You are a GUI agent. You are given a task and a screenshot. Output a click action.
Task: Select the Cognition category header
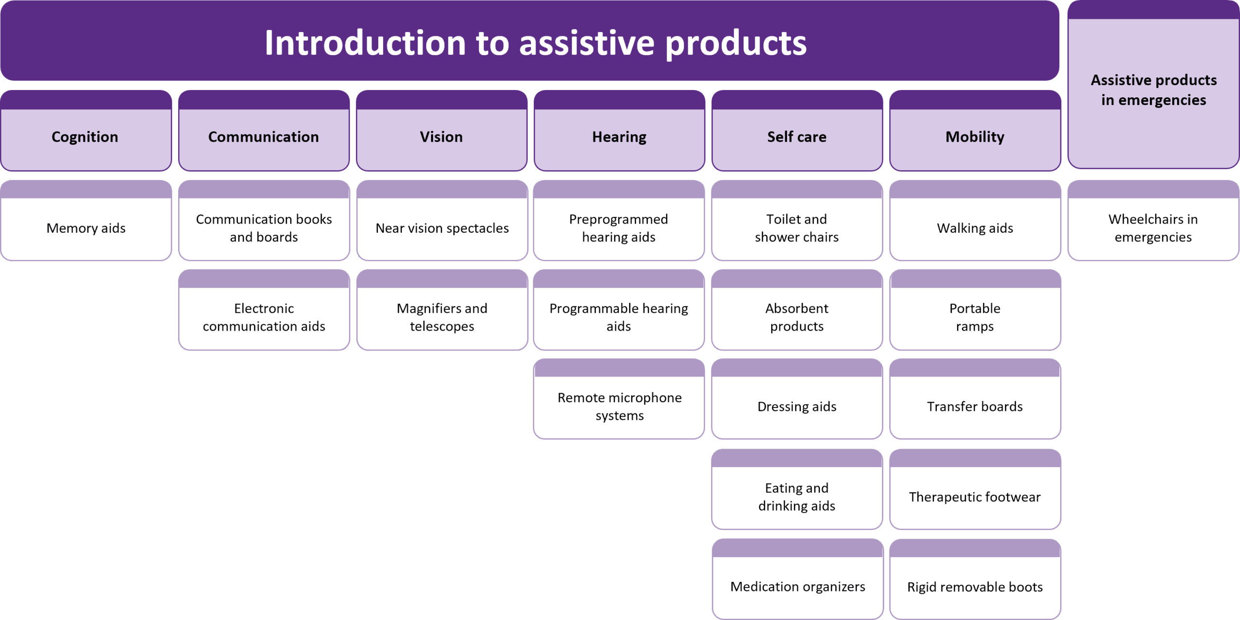point(86,131)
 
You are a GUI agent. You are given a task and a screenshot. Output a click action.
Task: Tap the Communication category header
point(264,131)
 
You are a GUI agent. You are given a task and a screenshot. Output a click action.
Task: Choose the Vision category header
point(442,131)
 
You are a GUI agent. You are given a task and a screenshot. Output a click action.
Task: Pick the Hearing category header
point(620,131)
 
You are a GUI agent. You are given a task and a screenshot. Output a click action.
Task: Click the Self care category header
point(797,131)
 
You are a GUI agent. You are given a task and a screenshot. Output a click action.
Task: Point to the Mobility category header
point(975,131)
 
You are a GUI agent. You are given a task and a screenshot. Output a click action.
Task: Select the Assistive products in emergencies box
point(1153,85)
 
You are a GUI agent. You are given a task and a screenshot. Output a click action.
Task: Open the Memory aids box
point(86,221)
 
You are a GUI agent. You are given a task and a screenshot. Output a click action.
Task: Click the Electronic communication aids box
point(264,310)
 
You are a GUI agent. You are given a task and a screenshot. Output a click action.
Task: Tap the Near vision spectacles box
point(442,221)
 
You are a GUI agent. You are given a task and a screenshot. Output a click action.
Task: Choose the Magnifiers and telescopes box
point(442,310)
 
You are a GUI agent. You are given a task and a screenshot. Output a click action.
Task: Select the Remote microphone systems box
point(619,399)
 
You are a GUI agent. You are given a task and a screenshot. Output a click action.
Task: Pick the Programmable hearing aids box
point(619,310)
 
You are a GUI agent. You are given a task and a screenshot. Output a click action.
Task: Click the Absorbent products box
point(797,310)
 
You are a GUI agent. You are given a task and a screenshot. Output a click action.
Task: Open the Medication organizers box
point(798,579)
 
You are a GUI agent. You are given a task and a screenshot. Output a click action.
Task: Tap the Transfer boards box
point(975,399)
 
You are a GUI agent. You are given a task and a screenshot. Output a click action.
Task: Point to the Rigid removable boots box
point(975,579)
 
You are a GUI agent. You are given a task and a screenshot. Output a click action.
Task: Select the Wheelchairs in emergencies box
point(1153,221)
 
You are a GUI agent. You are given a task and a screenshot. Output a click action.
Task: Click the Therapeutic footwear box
point(975,489)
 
